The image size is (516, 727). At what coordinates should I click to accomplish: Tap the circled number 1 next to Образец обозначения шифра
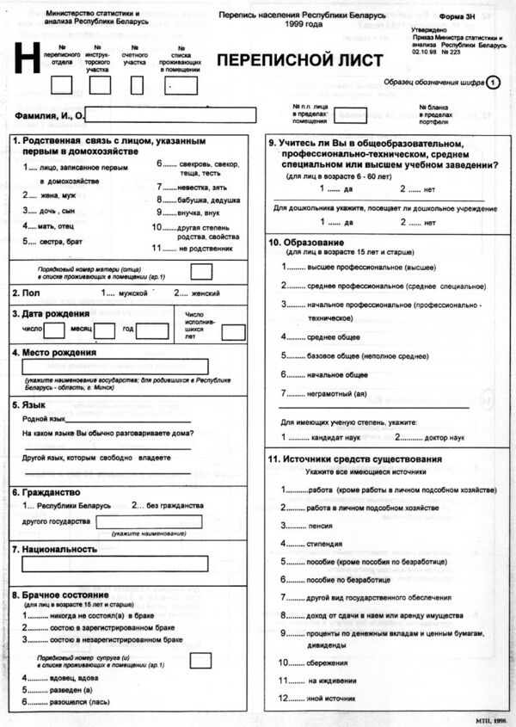coord(493,83)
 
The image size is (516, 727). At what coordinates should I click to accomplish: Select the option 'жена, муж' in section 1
coord(57,196)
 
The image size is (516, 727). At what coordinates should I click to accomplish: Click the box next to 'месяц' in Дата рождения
coord(105,330)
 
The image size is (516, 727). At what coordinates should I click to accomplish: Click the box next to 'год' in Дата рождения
coord(152,330)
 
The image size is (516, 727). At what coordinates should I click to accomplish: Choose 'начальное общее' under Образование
coord(337,375)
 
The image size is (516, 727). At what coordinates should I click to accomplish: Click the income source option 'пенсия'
coord(319,525)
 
